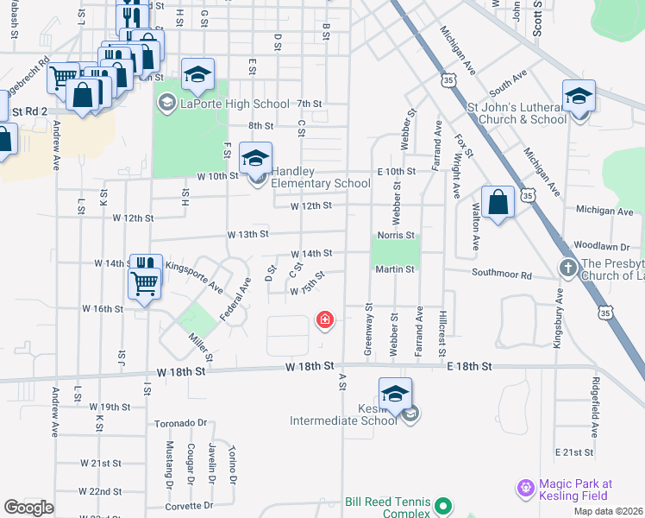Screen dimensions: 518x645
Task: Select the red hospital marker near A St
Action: (x=325, y=321)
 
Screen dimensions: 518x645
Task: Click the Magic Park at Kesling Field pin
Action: (x=525, y=490)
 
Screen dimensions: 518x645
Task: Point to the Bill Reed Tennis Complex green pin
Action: (x=443, y=506)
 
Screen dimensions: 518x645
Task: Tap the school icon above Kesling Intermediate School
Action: (x=395, y=394)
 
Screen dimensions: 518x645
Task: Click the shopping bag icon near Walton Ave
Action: (x=498, y=203)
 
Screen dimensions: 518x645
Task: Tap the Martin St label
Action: (x=395, y=269)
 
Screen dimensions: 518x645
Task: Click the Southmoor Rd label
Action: (x=501, y=274)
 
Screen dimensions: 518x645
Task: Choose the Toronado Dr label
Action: (x=182, y=423)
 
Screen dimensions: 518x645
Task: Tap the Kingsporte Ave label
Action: (x=195, y=276)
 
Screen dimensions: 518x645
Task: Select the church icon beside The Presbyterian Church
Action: (x=568, y=268)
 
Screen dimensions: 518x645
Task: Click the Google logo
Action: (x=28, y=508)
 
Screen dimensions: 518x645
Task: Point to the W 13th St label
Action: (x=248, y=234)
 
